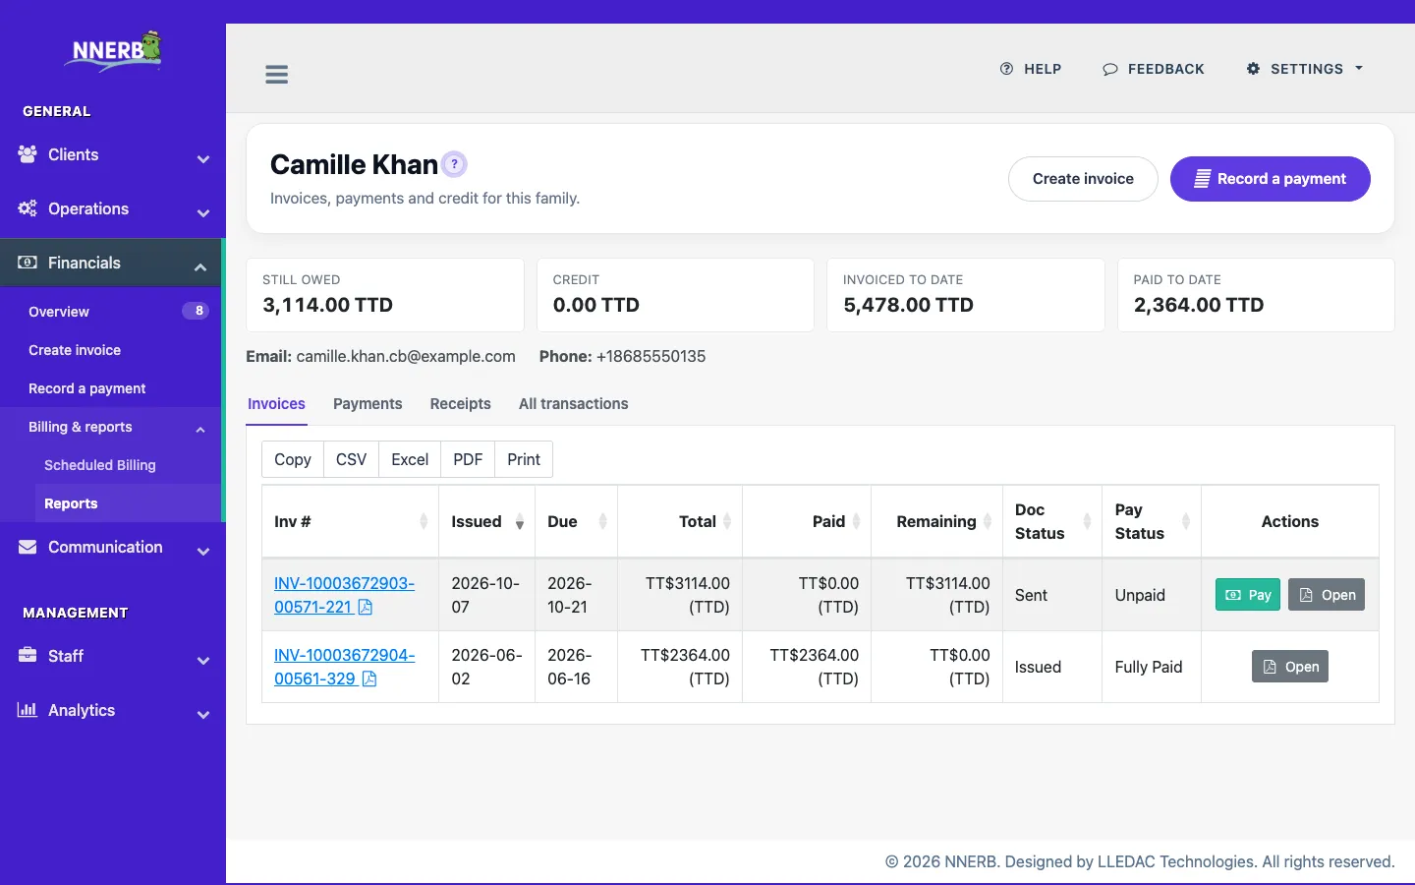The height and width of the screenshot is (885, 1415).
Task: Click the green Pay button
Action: [x=1248, y=594]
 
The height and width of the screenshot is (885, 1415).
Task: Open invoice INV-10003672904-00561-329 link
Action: [x=344, y=667]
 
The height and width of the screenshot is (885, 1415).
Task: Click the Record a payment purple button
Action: [x=1271, y=179]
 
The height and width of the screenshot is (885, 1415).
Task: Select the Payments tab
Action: [x=368, y=404]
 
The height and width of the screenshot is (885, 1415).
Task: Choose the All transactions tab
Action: [x=574, y=404]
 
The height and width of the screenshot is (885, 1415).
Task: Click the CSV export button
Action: [x=351, y=459]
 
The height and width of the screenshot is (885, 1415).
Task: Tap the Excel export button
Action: [x=410, y=459]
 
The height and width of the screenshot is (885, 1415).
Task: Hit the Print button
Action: [x=524, y=459]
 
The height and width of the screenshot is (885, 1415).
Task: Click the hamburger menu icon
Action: [x=277, y=74]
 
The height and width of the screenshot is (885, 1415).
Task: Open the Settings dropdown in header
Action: [x=1305, y=69]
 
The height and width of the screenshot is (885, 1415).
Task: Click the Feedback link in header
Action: [x=1154, y=69]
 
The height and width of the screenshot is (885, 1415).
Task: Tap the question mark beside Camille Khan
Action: [x=454, y=164]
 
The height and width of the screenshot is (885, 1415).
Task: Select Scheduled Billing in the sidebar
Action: [x=100, y=465]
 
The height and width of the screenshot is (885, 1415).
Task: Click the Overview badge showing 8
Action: [x=196, y=311]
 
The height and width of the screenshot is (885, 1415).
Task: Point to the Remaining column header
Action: [x=936, y=521]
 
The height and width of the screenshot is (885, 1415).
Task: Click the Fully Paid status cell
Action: [x=1149, y=667]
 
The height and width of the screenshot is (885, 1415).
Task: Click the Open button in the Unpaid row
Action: [x=1327, y=594]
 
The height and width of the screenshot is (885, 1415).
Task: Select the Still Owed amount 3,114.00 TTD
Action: [x=328, y=305]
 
